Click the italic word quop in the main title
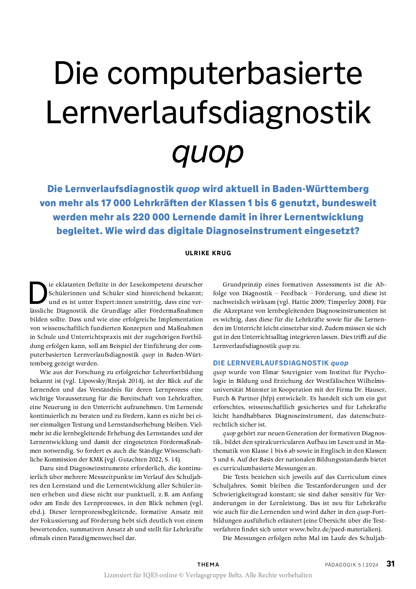click(208, 152)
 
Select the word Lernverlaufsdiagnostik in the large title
click(208, 112)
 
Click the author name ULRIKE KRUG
click(208, 253)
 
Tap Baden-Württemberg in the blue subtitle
click(320, 189)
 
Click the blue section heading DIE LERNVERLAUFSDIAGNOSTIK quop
click(280, 363)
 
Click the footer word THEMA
click(208, 565)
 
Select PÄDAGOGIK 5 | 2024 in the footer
click(351, 565)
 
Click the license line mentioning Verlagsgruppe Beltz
click(208, 575)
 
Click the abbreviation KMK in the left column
click(96, 459)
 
